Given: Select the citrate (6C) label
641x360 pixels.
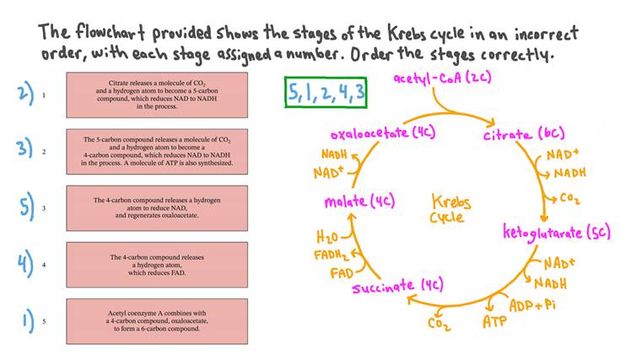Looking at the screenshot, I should click(x=523, y=135).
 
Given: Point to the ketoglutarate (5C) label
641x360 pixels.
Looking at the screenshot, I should click(x=557, y=231).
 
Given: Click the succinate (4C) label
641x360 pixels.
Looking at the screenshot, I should click(x=397, y=287).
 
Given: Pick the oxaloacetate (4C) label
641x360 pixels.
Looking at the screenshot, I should click(x=380, y=134).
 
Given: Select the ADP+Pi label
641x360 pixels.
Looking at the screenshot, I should click(x=531, y=304).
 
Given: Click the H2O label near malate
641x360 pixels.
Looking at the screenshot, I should click(x=327, y=237).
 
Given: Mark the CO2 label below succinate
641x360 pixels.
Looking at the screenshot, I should click(x=439, y=324).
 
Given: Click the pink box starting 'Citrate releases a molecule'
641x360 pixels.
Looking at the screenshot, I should click(x=157, y=94).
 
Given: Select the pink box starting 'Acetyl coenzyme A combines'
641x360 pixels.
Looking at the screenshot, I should click(x=157, y=321).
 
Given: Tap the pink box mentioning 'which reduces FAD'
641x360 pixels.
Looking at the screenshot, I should click(x=157, y=265).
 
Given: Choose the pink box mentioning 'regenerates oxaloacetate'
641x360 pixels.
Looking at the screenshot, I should click(x=157, y=208).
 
